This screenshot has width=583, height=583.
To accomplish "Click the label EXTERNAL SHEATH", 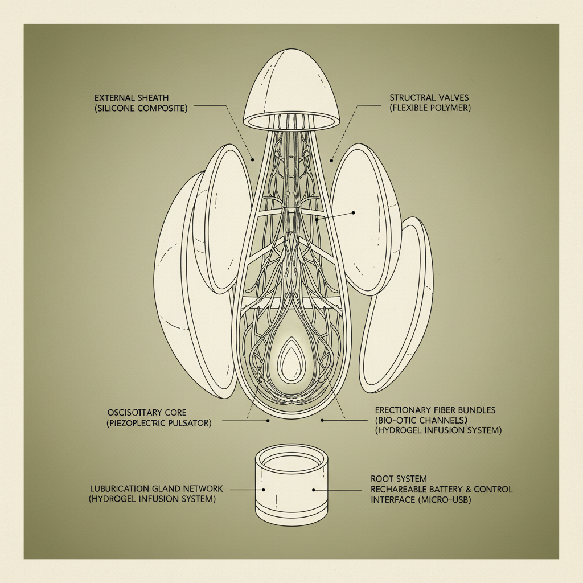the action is pos(132,98).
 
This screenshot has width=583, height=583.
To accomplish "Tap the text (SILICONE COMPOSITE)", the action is pos(141,108).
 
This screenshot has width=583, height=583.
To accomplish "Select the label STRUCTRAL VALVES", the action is pos(429,98).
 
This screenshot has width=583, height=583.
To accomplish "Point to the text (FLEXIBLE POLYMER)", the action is pos(430,108).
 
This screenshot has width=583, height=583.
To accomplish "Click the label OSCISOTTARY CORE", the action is pos(147,413).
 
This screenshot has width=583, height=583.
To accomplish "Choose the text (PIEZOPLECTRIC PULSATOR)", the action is pos(159,423).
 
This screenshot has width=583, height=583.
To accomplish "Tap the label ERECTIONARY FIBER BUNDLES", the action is pos(435,410).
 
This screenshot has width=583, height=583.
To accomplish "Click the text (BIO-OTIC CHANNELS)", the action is pos(421,421).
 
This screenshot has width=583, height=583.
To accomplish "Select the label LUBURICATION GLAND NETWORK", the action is pos(157,488).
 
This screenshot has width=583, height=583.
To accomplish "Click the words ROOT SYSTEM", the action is pos(399,479).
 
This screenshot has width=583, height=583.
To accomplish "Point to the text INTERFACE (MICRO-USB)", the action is pos(421,500).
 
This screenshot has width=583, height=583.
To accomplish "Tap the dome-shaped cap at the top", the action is pos(291,89).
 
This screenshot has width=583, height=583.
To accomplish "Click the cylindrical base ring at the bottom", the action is pos(291,485).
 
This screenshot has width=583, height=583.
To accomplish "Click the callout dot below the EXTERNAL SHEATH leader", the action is pos(253,160).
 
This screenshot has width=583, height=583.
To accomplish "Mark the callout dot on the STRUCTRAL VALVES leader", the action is pos(331,161).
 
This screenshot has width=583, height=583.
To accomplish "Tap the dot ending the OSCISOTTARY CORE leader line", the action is pos(268,421).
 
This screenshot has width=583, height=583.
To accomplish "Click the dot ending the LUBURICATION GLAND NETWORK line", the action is pos(264,490).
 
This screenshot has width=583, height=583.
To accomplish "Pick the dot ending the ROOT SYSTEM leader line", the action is pos(314,490).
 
